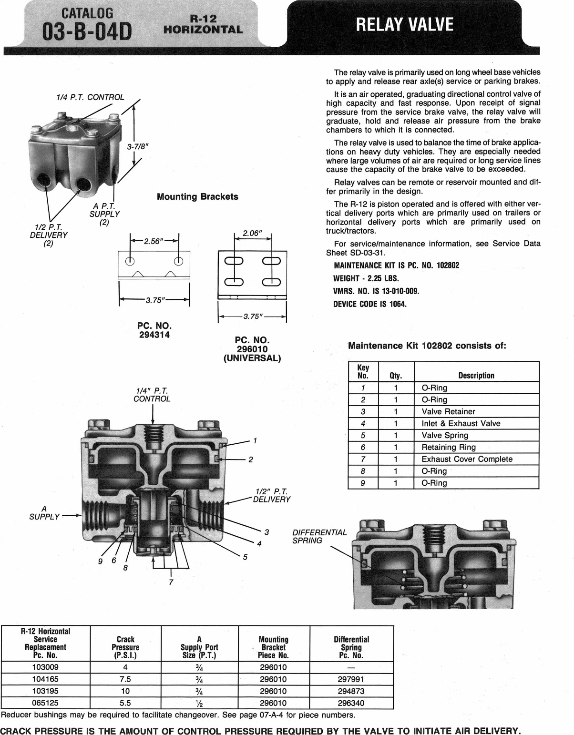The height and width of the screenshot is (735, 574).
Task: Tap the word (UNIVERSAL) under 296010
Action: (252, 358)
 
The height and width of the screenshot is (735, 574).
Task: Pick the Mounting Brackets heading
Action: (197, 196)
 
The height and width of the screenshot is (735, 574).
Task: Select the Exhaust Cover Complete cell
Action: (467, 459)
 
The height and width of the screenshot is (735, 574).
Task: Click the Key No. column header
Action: (363, 371)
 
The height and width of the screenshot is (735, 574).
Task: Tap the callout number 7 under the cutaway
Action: (171, 582)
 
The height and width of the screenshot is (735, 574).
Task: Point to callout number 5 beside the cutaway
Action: (245, 556)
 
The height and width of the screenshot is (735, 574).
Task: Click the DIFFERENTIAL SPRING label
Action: (319, 536)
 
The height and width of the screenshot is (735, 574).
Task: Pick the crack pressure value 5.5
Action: (125, 703)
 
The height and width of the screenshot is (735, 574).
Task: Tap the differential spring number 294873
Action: (351, 691)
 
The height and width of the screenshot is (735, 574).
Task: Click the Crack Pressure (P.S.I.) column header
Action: (125, 647)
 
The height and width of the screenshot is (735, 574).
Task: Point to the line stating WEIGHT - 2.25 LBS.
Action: (366, 278)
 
